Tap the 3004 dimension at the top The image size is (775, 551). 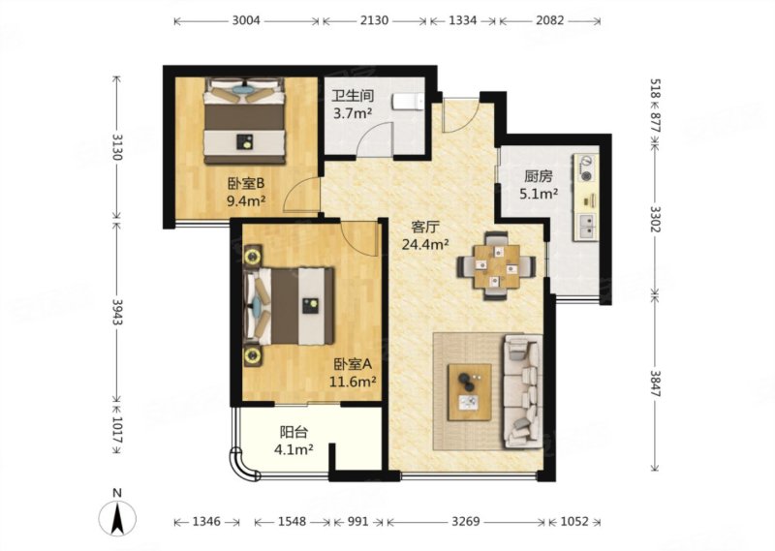(x=246, y=20)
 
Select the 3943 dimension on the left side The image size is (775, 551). (x=117, y=311)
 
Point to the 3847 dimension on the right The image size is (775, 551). (x=656, y=384)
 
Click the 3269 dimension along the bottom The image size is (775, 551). (x=466, y=521)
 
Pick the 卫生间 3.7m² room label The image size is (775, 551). (x=353, y=105)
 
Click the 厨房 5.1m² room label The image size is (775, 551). (x=539, y=185)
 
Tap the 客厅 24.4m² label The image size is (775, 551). (x=425, y=235)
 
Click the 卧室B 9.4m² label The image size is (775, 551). (x=246, y=192)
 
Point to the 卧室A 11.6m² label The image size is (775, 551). (x=353, y=373)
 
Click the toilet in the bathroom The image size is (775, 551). (x=408, y=103)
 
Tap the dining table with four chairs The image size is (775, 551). (x=497, y=266)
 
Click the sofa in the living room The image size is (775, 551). (x=523, y=391)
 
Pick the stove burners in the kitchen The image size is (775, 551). (x=587, y=168)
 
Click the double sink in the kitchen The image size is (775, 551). (x=587, y=227)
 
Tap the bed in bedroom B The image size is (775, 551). (x=245, y=121)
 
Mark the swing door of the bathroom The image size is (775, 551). (x=376, y=138)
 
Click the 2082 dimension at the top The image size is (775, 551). (x=549, y=20)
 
